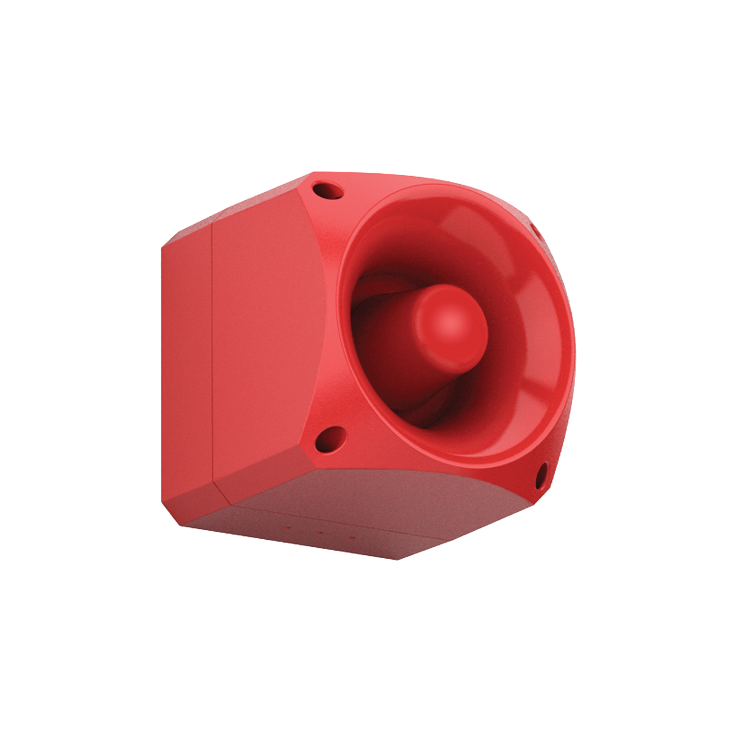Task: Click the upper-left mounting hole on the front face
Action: pos(328,189)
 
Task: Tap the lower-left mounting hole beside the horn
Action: pos(331,439)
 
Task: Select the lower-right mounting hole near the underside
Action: pos(540,476)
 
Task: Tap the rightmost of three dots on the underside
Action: pos(350,537)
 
